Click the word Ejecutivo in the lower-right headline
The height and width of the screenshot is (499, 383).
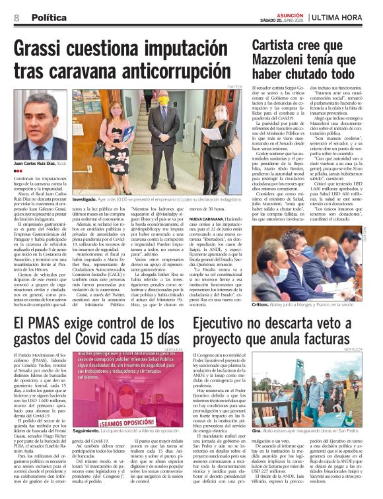(x=228, y=323)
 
